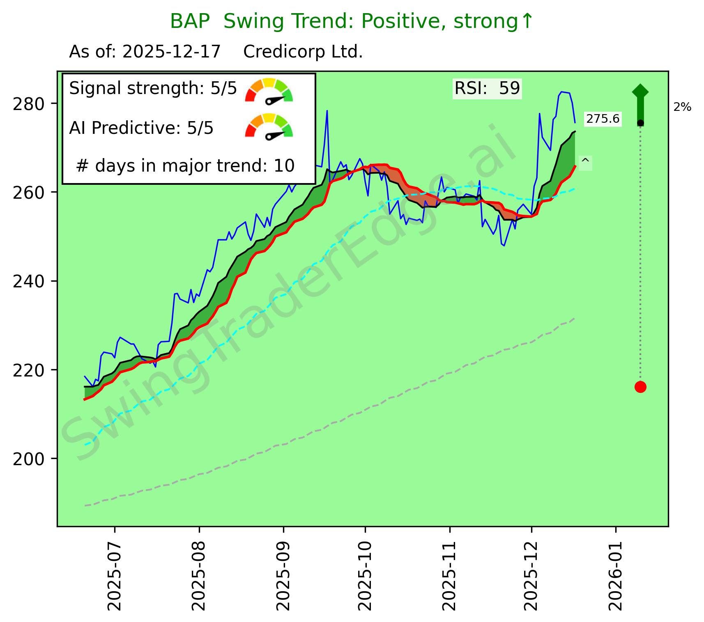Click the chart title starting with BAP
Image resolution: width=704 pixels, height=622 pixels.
[x=352, y=22]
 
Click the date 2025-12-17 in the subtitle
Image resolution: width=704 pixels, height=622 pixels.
[x=172, y=52]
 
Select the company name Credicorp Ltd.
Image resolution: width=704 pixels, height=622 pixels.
[x=303, y=52]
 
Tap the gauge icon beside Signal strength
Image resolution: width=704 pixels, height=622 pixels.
[x=269, y=91]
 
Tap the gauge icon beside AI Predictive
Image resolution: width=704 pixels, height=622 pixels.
[x=269, y=126]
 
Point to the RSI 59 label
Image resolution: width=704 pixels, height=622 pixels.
[x=487, y=88]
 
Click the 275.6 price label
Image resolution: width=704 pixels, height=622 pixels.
[x=603, y=119]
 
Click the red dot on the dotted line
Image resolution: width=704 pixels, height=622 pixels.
[x=640, y=387]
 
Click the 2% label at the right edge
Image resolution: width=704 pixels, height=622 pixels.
[x=682, y=108]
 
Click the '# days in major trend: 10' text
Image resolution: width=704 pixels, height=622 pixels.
[x=185, y=166]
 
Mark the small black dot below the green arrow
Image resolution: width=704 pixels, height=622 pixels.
[x=640, y=123]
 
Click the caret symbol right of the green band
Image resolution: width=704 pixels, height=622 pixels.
[x=586, y=161]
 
